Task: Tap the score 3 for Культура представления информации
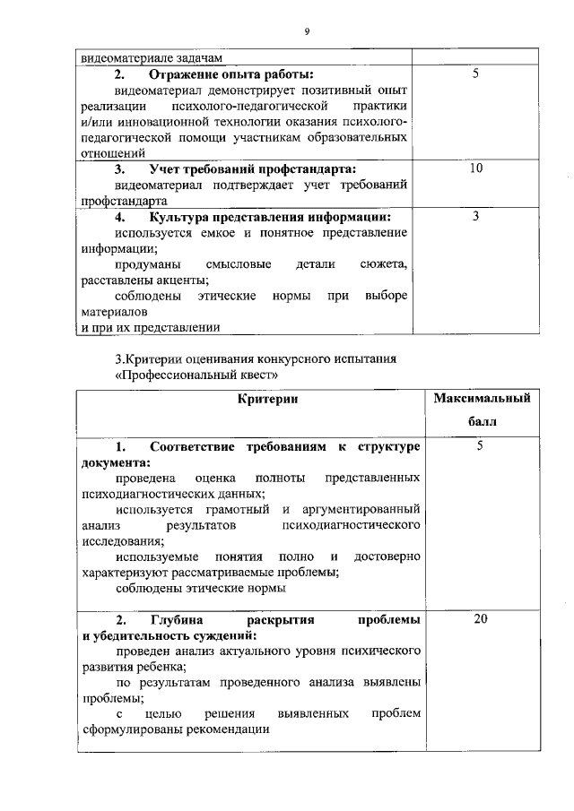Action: [x=476, y=216]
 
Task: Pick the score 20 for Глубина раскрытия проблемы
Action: [x=480, y=619]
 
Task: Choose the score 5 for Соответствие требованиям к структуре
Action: [x=480, y=445]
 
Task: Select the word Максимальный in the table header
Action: [x=482, y=397]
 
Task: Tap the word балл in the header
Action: [x=480, y=420]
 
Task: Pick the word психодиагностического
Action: [x=351, y=525]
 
